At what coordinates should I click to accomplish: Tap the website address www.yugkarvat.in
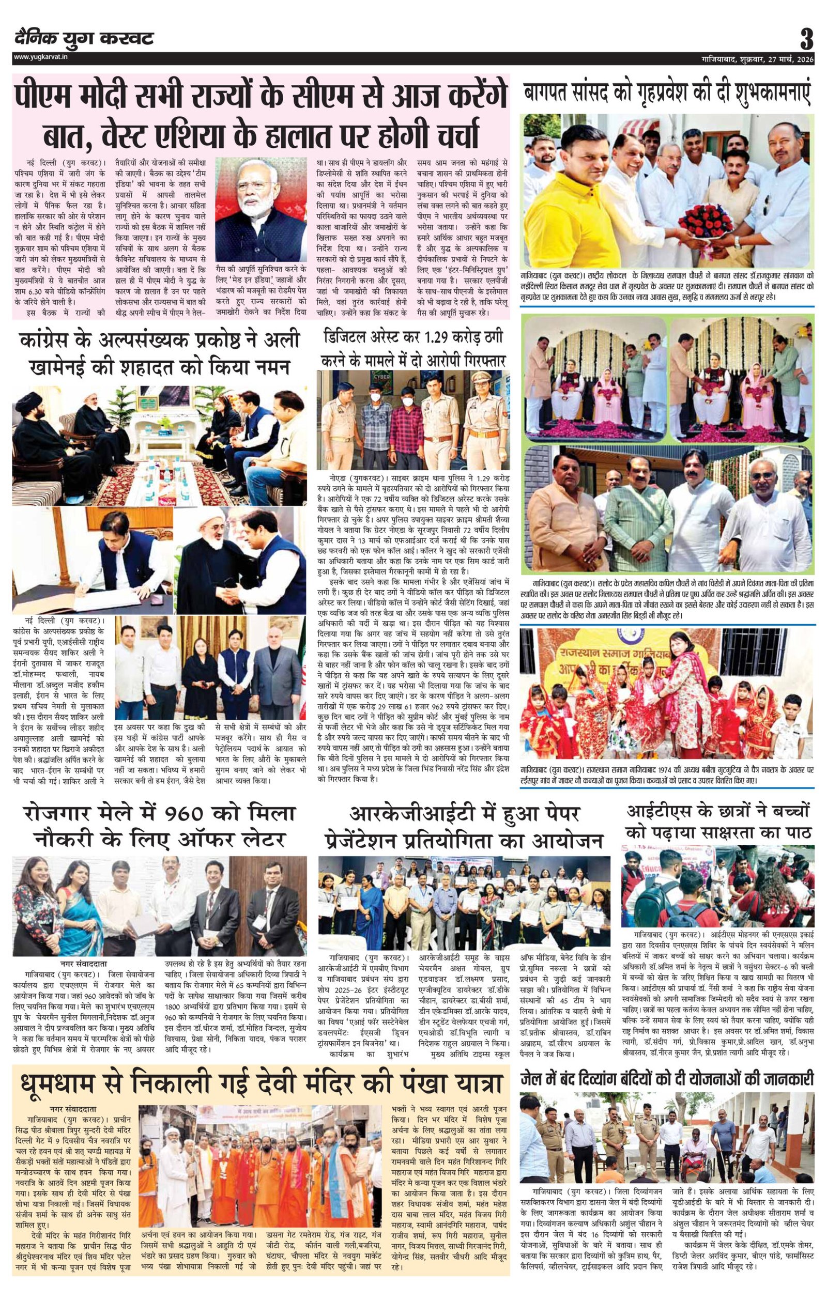click(41, 57)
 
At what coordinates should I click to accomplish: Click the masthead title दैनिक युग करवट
click(84, 39)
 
